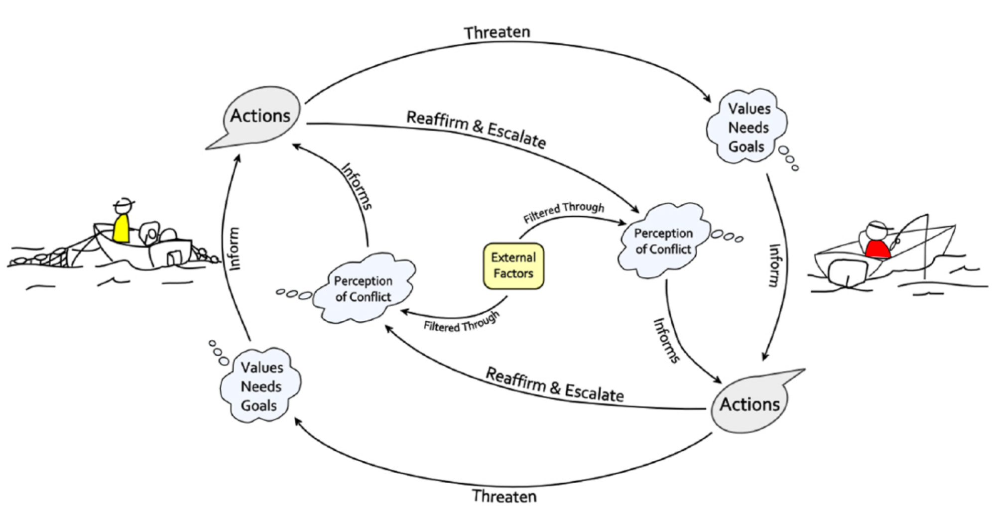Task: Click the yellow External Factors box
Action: tap(513, 265)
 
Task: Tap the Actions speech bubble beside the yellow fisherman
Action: tap(260, 116)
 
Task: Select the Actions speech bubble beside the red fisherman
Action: tap(749, 404)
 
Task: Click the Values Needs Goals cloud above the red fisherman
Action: tap(747, 128)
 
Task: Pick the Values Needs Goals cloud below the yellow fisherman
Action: tap(260, 386)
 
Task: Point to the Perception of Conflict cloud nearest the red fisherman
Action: tap(663, 241)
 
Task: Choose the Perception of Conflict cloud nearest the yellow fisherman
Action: tap(364, 289)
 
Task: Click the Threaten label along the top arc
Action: tap(497, 33)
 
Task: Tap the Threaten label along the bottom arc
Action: tap(504, 496)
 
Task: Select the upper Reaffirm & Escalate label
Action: tap(476, 129)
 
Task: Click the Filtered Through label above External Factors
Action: tap(563, 212)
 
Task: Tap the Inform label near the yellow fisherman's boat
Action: tap(233, 249)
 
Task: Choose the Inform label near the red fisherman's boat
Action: tap(774, 265)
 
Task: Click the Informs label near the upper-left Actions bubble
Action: tap(357, 186)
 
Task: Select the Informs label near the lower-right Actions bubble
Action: tap(666, 341)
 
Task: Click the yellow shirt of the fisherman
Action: tap(121, 229)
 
